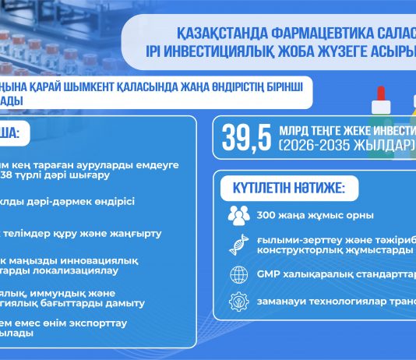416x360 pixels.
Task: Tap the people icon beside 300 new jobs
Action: (x=238, y=215)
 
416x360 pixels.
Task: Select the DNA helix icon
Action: (x=238, y=245)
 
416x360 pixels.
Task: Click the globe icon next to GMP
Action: (x=238, y=274)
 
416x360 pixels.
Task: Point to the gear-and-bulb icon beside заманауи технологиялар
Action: (x=238, y=302)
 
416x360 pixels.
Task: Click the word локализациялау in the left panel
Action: (x=78, y=272)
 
